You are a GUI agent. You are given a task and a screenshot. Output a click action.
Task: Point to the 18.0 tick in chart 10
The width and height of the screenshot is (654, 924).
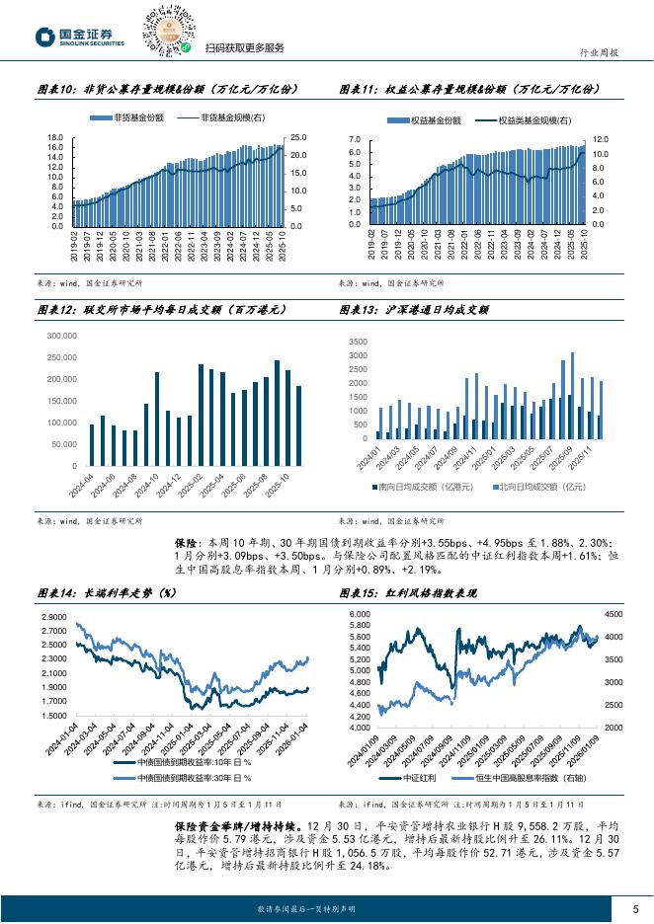point(55,137)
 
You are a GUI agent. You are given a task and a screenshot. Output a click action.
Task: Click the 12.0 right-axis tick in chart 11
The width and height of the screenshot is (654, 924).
point(600,140)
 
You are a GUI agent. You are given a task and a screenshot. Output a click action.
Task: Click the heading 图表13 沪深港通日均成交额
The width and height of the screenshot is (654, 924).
point(414,310)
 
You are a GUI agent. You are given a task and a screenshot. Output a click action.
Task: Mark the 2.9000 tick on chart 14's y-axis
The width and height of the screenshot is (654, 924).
point(53,617)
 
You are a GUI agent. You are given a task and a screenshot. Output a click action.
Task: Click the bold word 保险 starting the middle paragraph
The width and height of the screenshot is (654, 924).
point(186,544)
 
